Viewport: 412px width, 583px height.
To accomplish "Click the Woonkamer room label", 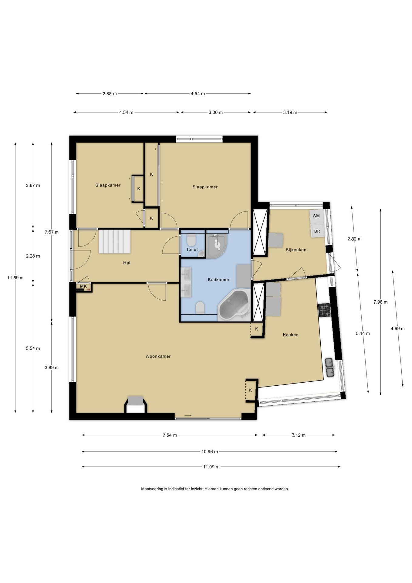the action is click(x=158, y=356).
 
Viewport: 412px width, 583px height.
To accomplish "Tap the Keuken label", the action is click(x=291, y=335).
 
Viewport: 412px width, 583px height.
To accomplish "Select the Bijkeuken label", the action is click(x=296, y=250).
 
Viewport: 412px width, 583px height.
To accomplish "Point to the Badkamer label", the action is click(x=218, y=279).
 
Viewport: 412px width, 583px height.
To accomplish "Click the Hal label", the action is click(x=127, y=263).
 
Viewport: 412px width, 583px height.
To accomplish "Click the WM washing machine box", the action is click(x=316, y=216).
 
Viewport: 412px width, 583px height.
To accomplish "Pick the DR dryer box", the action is click(x=317, y=231).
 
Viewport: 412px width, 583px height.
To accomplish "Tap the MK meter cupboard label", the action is click(x=83, y=286).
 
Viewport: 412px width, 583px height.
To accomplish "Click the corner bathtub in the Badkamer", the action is click(x=234, y=305).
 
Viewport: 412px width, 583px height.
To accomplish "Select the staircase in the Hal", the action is click(x=115, y=241).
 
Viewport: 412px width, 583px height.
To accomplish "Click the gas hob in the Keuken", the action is click(x=324, y=310).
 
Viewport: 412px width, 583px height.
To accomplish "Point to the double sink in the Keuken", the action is click(x=329, y=367).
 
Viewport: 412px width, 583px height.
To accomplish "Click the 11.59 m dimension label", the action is click(x=15, y=278).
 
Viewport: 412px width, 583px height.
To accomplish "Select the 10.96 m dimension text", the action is click(x=210, y=452).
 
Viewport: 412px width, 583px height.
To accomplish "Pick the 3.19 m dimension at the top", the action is click(x=290, y=112).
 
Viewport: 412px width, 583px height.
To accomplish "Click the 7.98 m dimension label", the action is click(x=380, y=302).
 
